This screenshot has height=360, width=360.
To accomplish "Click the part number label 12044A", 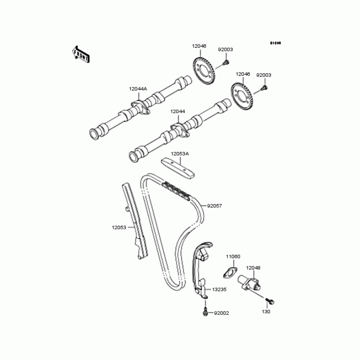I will [x=138, y=89].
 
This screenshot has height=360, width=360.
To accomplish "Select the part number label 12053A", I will [x=180, y=154].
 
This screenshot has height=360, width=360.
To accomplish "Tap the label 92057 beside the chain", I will [x=214, y=206].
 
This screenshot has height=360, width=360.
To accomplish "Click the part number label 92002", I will [x=221, y=313].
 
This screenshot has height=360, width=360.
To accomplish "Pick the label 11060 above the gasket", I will [x=233, y=256].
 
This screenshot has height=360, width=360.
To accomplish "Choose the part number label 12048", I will [x=253, y=268].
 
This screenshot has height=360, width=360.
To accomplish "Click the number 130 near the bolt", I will [x=266, y=311].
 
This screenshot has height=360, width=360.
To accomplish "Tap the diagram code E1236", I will [x=275, y=43].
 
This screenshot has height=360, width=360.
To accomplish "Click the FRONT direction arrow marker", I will [x=81, y=54].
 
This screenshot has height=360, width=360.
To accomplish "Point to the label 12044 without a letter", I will [x=177, y=111].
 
